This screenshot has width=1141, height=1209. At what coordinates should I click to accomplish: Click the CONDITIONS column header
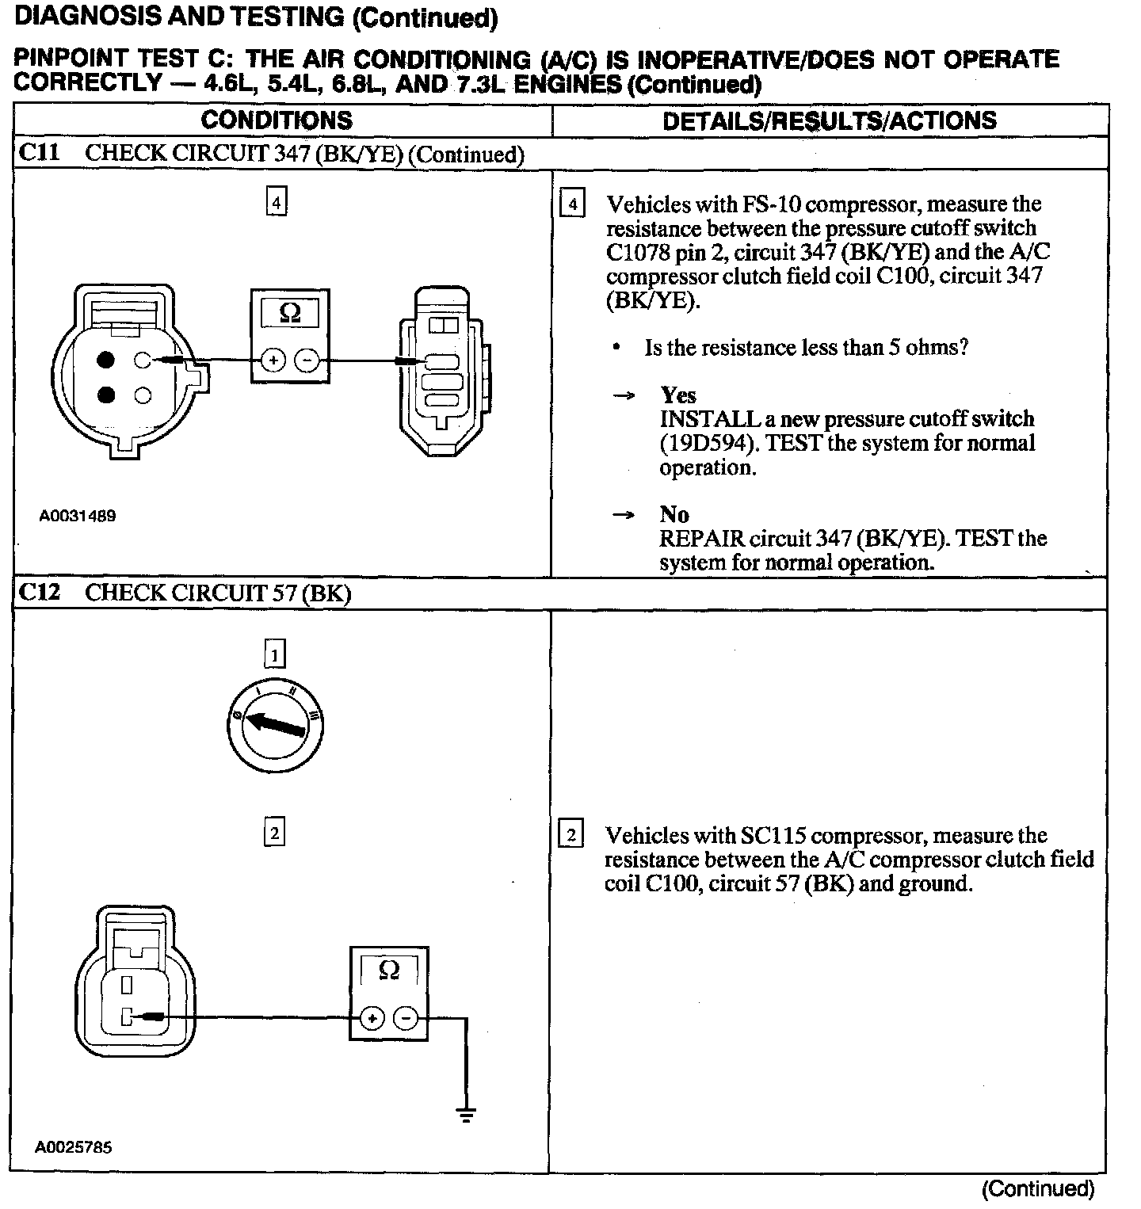(277, 120)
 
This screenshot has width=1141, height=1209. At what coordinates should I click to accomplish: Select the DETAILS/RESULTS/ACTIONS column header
(829, 120)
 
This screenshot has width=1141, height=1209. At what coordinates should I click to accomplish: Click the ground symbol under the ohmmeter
(466, 1115)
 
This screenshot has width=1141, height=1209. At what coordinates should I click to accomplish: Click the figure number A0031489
(78, 516)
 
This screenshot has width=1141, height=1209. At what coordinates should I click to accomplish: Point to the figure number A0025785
(74, 1146)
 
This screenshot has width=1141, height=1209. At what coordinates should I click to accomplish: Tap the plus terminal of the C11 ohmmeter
(273, 361)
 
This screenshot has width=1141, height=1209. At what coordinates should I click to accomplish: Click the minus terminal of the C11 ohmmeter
(307, 361)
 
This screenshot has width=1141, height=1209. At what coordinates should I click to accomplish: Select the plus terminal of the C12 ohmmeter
(372, 1018)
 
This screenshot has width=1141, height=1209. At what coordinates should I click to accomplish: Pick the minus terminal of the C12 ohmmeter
(406, 1018)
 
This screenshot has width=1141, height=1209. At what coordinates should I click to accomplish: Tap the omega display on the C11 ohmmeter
(290, 314)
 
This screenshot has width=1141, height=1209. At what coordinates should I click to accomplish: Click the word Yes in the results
(678, 395)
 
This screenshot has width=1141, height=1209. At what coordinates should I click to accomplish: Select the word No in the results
(674, 514)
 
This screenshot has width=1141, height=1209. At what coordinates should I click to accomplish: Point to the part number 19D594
(705, 443)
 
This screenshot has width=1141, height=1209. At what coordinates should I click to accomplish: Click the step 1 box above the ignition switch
(274, 654)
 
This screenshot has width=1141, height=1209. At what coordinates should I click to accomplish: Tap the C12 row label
(39, 593)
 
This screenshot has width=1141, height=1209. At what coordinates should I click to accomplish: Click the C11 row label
(39, 153)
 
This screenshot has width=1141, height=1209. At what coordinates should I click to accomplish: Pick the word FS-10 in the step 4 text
(770, 204)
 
